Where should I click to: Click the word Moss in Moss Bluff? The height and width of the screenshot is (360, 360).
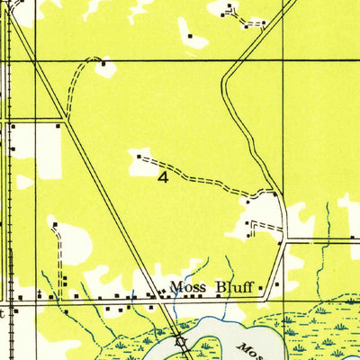coord(187,288)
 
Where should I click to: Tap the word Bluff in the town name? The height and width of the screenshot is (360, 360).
coord(233,288)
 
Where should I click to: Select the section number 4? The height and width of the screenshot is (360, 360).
coord(162,177)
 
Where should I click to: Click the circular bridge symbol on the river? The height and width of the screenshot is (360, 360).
coord(180,341)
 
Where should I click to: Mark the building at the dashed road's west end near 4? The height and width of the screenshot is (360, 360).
coord(138,157)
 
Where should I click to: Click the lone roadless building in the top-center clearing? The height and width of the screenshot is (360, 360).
coord(190,36)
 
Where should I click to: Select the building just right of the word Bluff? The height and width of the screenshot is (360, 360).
coord(262,288)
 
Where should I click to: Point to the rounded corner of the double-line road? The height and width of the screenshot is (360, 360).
coord(226,76)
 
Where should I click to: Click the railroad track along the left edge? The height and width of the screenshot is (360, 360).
coord(11,180)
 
